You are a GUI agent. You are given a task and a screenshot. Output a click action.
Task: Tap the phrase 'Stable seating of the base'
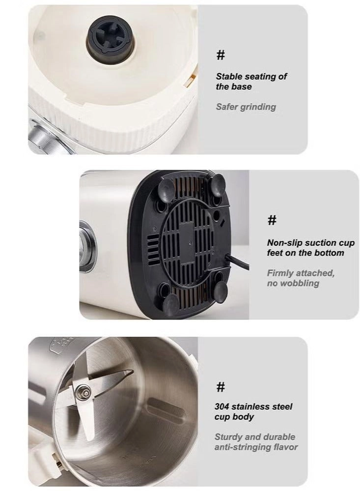[251, 82]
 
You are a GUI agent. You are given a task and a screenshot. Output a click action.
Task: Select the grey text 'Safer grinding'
[246, 107]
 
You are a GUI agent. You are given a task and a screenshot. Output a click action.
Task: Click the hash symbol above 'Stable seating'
[221, 56]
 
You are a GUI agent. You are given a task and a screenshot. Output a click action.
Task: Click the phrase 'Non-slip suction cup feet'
[310, 248]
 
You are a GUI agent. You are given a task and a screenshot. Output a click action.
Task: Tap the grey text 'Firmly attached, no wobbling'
[301, 278]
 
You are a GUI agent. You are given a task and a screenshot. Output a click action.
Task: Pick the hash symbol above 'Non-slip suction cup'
[272, 220]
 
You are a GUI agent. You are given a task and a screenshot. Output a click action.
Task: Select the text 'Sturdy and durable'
[254, 437]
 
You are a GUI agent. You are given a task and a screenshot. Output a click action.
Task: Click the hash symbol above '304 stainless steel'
[221, 388]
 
